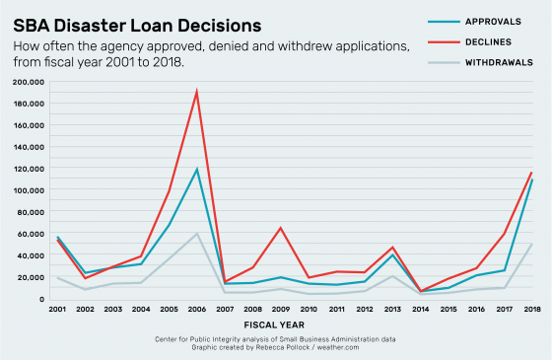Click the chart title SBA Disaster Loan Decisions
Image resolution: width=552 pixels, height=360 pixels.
click(x=137, y=22)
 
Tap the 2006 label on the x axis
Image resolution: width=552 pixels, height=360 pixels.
click(x=196, y=309)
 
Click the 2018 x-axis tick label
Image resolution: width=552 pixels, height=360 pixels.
click(x=532, y=309)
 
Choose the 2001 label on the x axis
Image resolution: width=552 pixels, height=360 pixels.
click(x=56, y=309)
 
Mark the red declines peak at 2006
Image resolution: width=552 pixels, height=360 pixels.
click(x=196, y=92)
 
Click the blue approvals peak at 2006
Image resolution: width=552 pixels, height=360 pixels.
click(x=196, y=169)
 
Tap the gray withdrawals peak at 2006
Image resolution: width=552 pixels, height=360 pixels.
click(x=196, y=234)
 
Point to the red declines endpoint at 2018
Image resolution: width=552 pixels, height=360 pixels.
click(x=532, y=173)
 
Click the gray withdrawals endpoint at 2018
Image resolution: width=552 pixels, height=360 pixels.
click(x=532, y=244)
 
